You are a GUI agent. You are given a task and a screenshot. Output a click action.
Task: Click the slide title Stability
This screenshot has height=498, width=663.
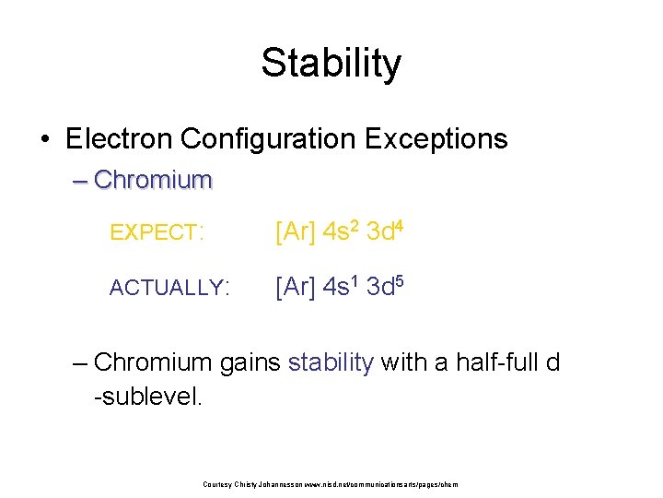[x=331, y=63]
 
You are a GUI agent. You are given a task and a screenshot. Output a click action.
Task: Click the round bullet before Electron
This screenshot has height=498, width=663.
[x=45, y=139]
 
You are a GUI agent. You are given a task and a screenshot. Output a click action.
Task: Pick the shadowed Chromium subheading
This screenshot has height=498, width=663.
[x=153, y=179]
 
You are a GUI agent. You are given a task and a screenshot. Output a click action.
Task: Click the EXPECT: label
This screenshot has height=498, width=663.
[x=156, y=233]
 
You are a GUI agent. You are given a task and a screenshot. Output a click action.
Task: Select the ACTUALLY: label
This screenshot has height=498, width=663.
[x=169, y=288]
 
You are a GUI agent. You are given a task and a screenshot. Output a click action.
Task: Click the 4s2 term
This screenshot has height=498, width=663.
[x=340, y=231]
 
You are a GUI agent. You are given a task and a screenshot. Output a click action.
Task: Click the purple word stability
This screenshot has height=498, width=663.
[x=331, y=362]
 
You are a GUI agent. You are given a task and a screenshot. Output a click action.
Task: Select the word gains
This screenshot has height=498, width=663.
[x=250, y=362]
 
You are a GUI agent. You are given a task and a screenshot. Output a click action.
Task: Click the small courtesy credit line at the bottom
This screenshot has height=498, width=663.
[x=330, y=483]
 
